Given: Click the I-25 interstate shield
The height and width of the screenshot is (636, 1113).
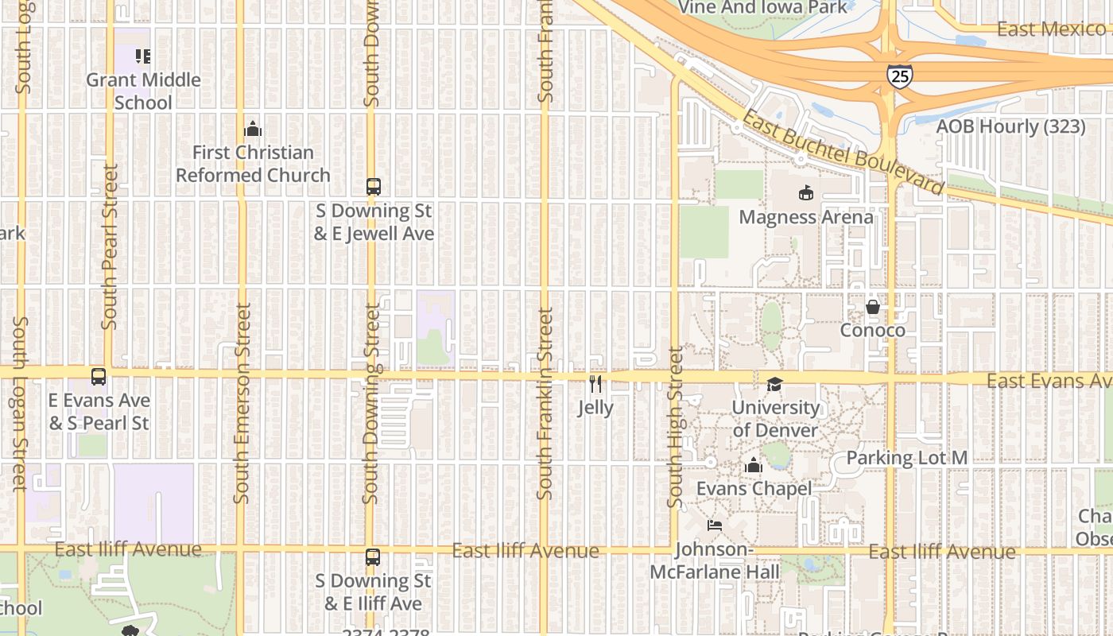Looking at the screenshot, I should coord(899,76).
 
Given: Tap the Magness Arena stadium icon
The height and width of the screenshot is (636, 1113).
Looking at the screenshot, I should coord(806,192).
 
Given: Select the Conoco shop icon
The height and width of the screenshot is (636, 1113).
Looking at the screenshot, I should coord(873,307).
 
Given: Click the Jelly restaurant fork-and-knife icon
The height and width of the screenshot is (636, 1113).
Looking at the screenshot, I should coord(595,385).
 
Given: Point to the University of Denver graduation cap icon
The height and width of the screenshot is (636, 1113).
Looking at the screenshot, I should coord(774,385).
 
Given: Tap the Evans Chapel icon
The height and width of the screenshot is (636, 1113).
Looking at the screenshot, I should coord(753,465).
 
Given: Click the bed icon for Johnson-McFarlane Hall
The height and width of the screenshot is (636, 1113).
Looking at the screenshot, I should coord(715,525).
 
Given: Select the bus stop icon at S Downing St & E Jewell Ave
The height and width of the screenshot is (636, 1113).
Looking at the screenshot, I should coord(373,187).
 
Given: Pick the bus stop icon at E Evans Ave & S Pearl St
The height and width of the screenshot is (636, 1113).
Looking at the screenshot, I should coord(99,377).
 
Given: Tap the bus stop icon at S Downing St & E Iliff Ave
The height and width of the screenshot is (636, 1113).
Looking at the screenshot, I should coord(373,557).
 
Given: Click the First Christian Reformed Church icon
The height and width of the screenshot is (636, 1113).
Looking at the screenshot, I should coord(253,129).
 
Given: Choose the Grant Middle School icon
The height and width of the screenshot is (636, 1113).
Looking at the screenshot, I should coord(143,56).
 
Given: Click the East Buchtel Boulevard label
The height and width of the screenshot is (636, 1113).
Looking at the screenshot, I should coord(842,152).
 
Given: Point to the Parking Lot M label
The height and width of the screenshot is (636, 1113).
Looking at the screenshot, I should coord(906,458).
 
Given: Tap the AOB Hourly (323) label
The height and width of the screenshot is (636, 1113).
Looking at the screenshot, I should coord(1010,126).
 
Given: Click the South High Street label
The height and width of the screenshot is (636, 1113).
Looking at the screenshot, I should coord(675,427).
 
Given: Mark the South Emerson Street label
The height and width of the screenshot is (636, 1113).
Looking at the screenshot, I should coord(242,403).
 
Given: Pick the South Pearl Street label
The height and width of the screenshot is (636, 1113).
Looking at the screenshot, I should coord(110,246).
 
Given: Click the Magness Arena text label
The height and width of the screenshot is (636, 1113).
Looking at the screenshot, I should coord(806,217).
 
